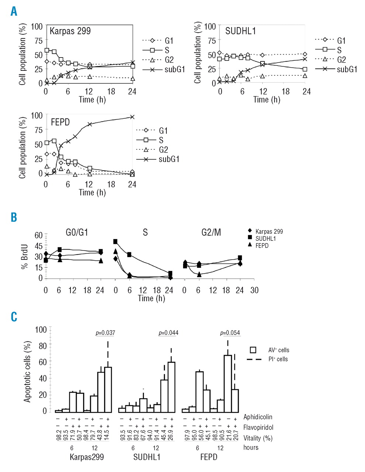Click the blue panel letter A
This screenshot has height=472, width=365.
tap(14, 11)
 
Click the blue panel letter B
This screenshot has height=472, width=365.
tap(14, 217)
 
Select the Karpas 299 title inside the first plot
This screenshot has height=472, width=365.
tap(70, 31)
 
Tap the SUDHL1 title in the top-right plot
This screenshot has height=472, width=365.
tap(240, 31)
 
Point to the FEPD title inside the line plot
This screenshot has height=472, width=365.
tap(60, 122)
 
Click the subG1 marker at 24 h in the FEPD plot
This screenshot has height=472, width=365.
tap(132, 117)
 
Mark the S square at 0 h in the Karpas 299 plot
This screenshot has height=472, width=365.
tap(47, 50)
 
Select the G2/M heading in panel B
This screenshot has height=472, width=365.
tap(211, 232)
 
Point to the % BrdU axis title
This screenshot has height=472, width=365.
tap(25, 256)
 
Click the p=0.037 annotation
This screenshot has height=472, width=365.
tap(105, 333)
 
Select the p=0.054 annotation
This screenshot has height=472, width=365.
tap(230, 333)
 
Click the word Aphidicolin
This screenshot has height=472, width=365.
tap(258, 417)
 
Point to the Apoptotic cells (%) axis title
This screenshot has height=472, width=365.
tap(27, 371)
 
